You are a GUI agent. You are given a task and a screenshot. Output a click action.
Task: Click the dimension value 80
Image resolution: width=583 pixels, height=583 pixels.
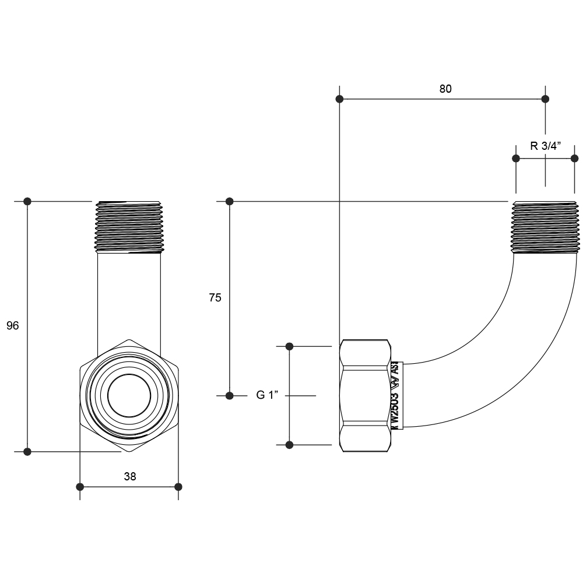(x=445, y=89)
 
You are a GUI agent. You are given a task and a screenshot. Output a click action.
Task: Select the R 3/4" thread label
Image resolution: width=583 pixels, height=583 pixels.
(x=545, y=146)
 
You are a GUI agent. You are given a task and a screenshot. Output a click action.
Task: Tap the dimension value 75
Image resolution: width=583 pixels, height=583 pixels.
(x=215, y=297)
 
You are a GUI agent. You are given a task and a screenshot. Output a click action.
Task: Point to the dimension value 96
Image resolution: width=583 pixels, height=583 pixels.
(x=13, y=326)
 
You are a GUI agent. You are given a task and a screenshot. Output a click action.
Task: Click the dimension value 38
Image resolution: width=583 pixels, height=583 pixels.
(x=130, y=476)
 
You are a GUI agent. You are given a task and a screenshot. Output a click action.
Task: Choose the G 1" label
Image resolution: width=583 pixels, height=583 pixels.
(x=268, y=395)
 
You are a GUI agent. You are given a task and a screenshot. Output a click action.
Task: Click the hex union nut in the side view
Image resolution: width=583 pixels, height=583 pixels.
(x=364, y=396)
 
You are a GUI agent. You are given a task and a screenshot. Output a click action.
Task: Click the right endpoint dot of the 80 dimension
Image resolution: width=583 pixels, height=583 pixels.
(x=545, y=99)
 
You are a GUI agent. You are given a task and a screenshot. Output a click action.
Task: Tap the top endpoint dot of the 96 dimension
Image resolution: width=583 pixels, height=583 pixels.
(x=27, y=201)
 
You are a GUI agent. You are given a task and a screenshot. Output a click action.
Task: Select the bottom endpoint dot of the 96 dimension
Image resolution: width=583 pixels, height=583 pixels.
(x=27, y=451)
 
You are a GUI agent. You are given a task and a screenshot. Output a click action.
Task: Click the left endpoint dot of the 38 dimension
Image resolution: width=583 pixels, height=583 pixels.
(x=80, y=486)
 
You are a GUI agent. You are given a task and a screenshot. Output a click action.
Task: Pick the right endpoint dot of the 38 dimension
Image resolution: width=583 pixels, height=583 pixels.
(x=178, y=486)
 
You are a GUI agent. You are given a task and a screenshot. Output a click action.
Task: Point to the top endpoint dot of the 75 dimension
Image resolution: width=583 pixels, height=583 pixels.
(x=230, y=201)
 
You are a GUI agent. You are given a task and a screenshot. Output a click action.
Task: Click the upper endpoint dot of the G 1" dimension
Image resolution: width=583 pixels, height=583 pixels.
(x=289, y=346)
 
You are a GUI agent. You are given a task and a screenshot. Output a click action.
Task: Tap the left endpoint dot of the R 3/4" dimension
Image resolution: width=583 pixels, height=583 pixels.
(x=516, y=158)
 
